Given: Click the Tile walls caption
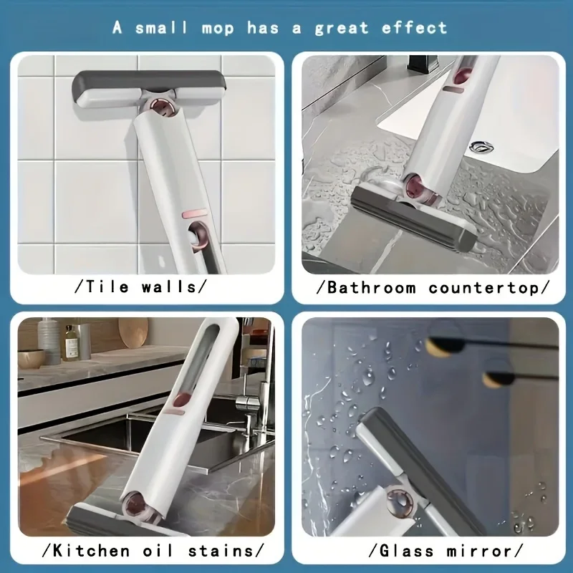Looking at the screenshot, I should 142,287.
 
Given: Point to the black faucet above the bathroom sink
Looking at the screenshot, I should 418,63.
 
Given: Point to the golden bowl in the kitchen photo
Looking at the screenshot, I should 32,357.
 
